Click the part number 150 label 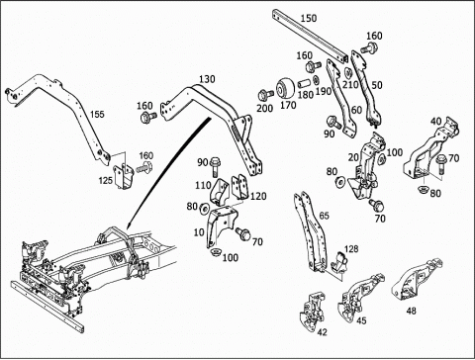click(x=309, y=18)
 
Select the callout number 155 click(x=97, y=114)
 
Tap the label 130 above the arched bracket click(x=207, y=79)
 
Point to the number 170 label click(x=288, y=105)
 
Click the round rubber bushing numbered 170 click(x=285, y=88)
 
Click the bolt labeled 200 click(x=265, y=95)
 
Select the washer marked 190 click(x=316, y=80)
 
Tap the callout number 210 click(x=350, y=85)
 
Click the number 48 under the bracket click(x=411, y=311)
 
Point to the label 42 click(x=322, y=332)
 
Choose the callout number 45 click(x=361, y=320)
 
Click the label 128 click(x=351, y=249)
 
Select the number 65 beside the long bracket click(x=325, y=216)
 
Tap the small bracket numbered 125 click(x=124, y=176)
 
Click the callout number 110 click(x=203, y=185)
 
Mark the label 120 click(x=258, y=196)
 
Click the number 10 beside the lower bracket click(x=199, y=232)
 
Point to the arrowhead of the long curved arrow click(x=129, y=225)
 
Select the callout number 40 click(x=436, y=122)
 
